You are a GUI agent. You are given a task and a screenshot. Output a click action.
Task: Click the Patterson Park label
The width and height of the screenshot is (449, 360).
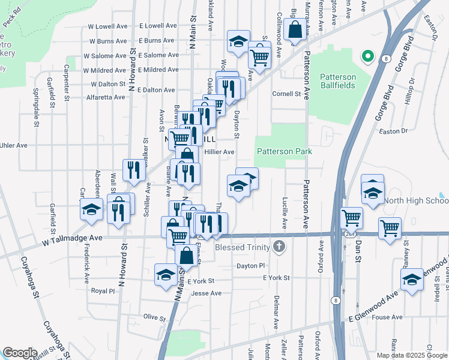point(285,152)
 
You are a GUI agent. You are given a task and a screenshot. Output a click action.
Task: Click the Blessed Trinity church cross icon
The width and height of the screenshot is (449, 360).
point(278,246)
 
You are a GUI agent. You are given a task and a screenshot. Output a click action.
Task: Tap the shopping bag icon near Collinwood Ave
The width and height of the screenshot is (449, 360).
point(295,29)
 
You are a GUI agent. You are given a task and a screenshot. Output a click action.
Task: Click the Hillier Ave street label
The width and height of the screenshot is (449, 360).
point(219,152)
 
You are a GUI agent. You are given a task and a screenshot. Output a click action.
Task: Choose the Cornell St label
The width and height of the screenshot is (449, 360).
point(286,94)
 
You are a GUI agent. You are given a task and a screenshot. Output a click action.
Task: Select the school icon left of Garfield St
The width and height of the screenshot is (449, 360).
point(91,209)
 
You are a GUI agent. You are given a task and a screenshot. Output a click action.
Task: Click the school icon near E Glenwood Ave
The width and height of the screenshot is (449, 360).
point(411,279)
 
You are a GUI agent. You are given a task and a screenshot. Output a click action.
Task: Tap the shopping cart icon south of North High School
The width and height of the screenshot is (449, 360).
point(390,229)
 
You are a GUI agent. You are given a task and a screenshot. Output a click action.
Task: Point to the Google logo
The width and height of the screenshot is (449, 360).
point(20,353)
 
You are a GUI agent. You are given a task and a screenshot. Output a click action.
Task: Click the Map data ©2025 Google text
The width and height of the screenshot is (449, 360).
point(411,355)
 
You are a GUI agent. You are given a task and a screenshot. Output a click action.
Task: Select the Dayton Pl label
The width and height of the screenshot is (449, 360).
point(250,265)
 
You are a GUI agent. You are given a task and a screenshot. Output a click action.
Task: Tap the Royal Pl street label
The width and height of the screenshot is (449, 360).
point(102,290)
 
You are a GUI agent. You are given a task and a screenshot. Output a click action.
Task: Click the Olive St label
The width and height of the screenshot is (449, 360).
point(154,316)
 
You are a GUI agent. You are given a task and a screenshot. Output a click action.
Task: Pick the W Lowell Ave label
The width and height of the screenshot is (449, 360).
point(108,26)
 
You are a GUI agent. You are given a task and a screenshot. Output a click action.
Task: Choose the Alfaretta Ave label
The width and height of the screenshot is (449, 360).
point(106,97)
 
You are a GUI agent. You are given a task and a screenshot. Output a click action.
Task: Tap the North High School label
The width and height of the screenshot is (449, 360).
point(417,200)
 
